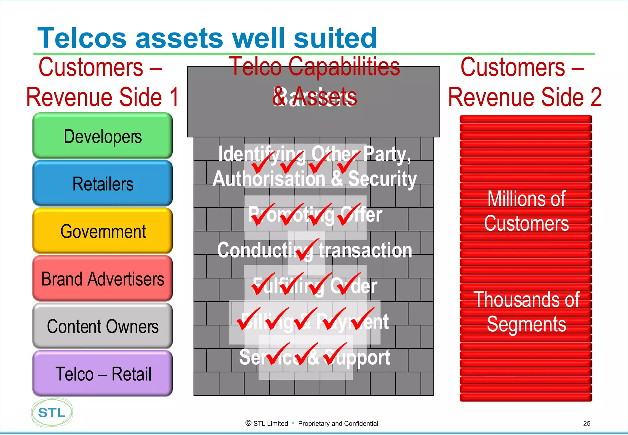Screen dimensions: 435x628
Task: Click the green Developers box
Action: [102, 136]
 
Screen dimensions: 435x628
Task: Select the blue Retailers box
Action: [102, 183]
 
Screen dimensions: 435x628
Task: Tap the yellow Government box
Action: [102, 231]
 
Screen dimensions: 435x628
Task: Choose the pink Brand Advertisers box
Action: [102, 279]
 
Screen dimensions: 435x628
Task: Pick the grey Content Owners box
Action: [102, 326]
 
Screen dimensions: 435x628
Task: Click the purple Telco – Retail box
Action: [102, 374]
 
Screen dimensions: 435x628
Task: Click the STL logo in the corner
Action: [52, 413]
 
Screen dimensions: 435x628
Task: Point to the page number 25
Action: [587, 423]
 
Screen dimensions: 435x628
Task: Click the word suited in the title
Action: [335, 38]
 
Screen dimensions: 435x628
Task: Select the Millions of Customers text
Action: [526, 211]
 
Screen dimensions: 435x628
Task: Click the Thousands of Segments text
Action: [526, 312]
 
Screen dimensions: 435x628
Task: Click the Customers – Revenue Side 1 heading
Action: [102, 82]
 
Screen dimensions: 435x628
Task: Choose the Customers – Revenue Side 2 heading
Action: [525, 82]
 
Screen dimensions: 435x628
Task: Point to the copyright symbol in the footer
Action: [248, 423]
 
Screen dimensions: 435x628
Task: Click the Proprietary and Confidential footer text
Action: [338, 424]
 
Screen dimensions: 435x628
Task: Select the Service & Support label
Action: [315, 357]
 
